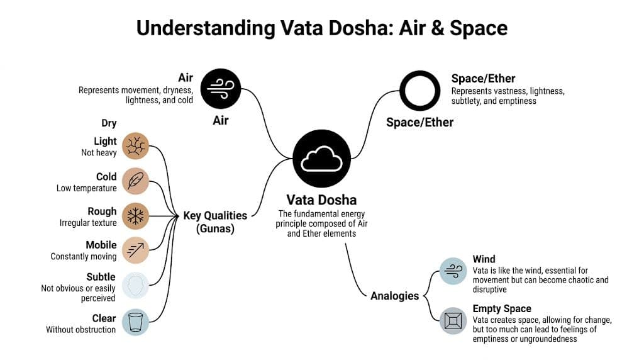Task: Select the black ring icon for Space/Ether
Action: click(418, 91)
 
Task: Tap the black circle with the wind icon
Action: click(221, 88)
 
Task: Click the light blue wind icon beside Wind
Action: click(453, 271)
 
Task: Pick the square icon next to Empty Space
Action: click(453, 320)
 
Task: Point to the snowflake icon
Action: click(135, 216)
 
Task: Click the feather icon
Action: click(135, 181)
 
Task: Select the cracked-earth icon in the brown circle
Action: click(135, 146)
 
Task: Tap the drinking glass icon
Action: click(135, 322)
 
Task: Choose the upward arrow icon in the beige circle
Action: click(135, 250)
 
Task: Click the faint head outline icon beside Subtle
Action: click(135, 285)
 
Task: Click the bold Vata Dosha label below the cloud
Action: click(321, 200)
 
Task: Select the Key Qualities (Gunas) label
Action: click(215, 222)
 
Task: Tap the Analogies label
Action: click(394, 295)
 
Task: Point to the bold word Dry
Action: click(109, 123)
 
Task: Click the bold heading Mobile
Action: click(101, 245)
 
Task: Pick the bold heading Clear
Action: click(103, 318)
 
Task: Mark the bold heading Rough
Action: click(102, 211)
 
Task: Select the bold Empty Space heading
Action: click(502, 308)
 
